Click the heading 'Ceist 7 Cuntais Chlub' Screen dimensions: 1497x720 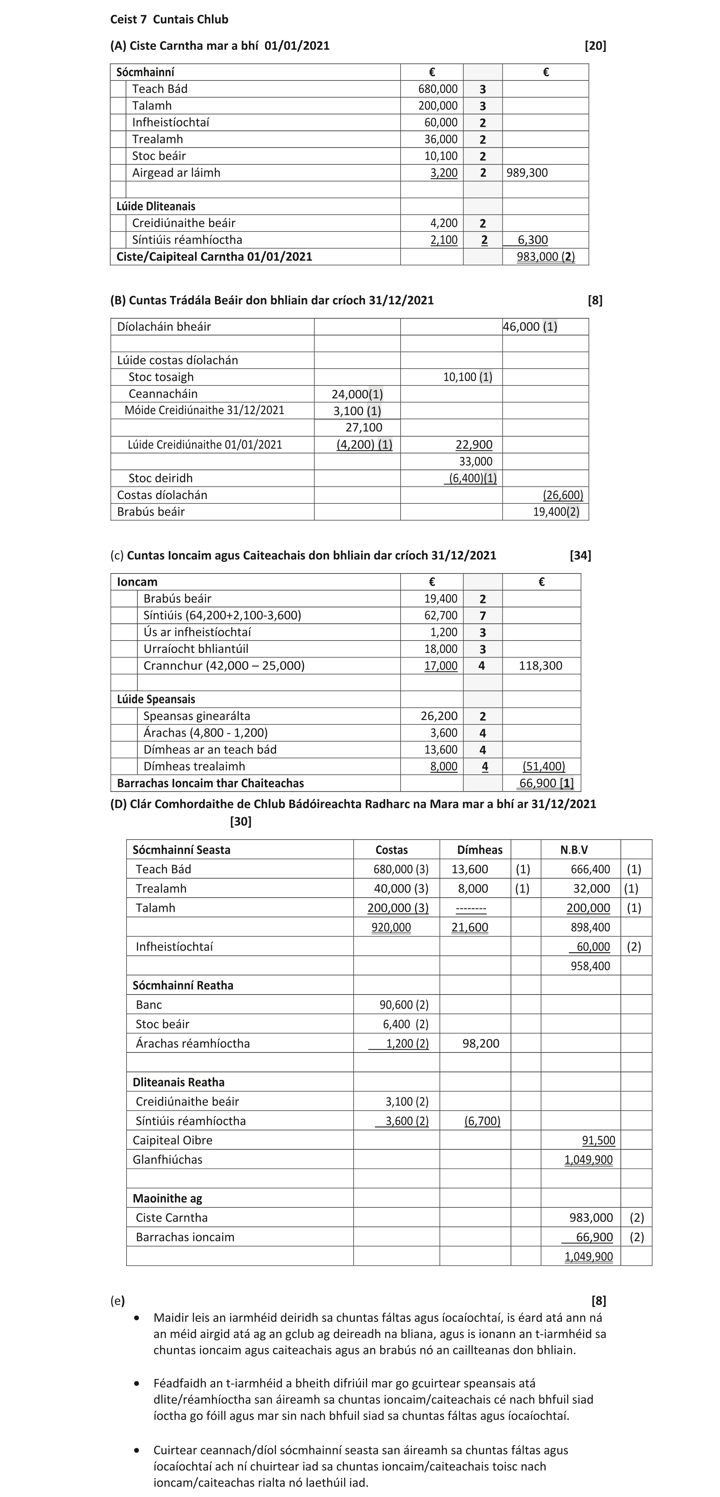click(169, 19)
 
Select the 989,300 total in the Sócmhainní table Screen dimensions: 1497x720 click(527, 173)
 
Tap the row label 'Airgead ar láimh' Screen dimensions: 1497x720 click(176, 173)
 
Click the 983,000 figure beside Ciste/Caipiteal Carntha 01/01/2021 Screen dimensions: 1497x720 click(538, 257)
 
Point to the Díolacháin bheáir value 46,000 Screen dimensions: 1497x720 click(522, 327)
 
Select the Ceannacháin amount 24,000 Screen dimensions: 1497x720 click(350, 394)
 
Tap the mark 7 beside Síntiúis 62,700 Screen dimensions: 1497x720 click(482, 615)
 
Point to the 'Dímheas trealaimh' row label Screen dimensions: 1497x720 click(194, 766)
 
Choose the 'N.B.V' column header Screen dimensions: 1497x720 click(574, 850)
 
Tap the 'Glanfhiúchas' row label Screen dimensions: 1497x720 click(167, 1159)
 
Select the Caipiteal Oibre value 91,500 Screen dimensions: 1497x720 click(598, 1140)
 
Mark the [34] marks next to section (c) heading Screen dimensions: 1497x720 click(580, 555)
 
